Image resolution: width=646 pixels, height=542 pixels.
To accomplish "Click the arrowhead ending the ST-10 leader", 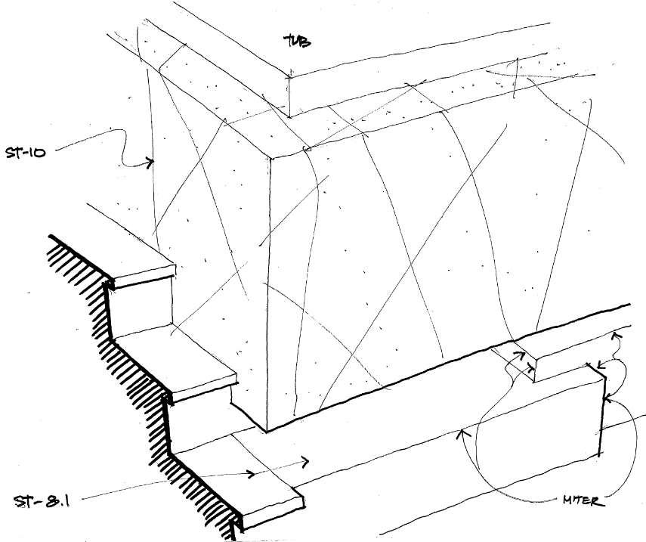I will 151,161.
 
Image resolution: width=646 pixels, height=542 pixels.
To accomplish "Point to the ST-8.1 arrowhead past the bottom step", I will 307,460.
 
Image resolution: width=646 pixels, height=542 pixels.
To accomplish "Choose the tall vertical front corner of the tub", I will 268,287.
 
